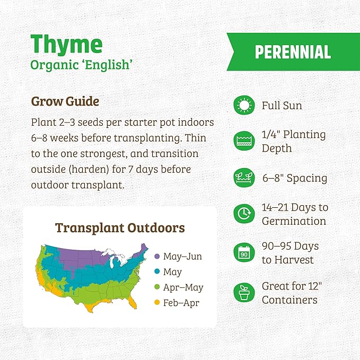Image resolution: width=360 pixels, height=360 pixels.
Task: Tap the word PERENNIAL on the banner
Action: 293,52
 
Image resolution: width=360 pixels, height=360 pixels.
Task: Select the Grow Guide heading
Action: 65,101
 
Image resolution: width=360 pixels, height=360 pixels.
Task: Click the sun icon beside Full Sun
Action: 244,106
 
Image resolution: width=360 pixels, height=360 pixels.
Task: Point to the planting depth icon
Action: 244,141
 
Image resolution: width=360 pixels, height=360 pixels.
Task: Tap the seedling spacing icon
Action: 244,178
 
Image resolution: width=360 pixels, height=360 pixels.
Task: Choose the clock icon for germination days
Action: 244,214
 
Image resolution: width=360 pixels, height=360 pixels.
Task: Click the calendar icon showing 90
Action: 244,253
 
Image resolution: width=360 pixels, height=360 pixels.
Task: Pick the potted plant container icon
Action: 244,293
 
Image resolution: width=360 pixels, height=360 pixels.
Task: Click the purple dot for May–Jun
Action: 156,257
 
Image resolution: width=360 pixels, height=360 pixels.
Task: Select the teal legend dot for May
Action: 156,273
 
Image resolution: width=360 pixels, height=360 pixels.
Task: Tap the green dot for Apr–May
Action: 156,288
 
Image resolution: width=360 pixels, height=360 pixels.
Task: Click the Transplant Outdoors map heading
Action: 120,228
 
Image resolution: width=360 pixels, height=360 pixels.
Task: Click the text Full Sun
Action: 282,106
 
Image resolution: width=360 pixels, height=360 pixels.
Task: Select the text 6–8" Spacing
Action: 294,178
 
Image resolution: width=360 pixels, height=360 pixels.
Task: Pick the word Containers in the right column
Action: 289,300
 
